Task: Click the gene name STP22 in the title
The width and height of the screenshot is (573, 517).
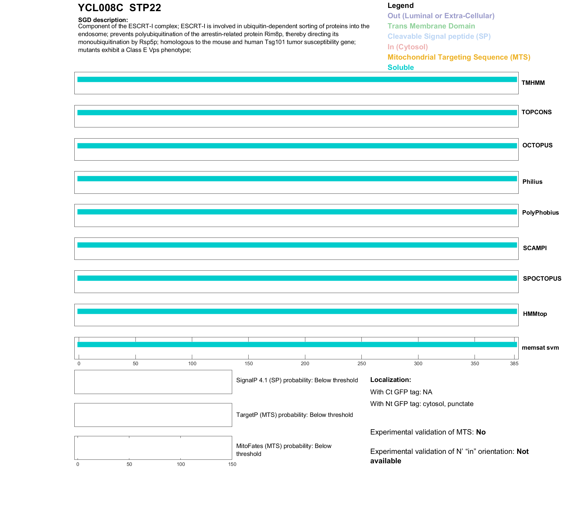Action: pyautogui.click(x=145, y=8)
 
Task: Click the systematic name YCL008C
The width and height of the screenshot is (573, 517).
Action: pyautogui.click(x=100, y=8)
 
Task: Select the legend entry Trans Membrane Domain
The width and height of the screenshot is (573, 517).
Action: pyautogui.click(x=431, y=26)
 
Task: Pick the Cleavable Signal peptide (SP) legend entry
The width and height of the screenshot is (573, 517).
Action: pyautogui.click(x=439, y=36)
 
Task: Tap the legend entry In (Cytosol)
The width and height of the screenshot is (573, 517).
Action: pyautogui.click(x=408, y=47)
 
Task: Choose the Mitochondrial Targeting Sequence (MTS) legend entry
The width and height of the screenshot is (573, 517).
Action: pyautogui.click(x=459, y=57)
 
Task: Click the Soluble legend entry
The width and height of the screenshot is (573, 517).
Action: pyautogui.click(x=401, y=68)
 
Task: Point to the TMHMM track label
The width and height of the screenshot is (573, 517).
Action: pyautogui.click(x=533, y=83)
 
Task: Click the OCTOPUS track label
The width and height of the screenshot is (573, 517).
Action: pyautogui.click(x=537, y=145)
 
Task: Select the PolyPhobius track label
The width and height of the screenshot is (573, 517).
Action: pyautogui.click(x=540, y=213)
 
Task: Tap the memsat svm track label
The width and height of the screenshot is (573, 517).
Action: pyautogui.click(x=540, y=348)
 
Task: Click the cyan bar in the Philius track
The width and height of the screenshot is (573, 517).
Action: pyautogui.click(x=297, y=179)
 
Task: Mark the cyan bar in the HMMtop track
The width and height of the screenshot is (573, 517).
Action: pyautogui.click(x=297, y=311)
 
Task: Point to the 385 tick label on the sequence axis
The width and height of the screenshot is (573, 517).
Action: pyautogui.click(x=514, y=364)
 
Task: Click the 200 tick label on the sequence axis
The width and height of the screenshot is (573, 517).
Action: pyautogui.click(x=305, y=364)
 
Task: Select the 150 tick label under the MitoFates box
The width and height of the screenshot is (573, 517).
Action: pyautogui.click(x=232, y=464)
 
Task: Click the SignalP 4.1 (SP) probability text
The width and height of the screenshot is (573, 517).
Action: pyautogui.click(x=297, y=380)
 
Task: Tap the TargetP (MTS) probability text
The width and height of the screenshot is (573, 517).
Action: pyautogui.click(x=294, y=415)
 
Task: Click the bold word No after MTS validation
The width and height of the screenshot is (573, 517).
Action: pyautogui.click(x=481, y=432)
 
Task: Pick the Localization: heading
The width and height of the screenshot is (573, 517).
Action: pyautogui.click(x=391, y=380)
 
